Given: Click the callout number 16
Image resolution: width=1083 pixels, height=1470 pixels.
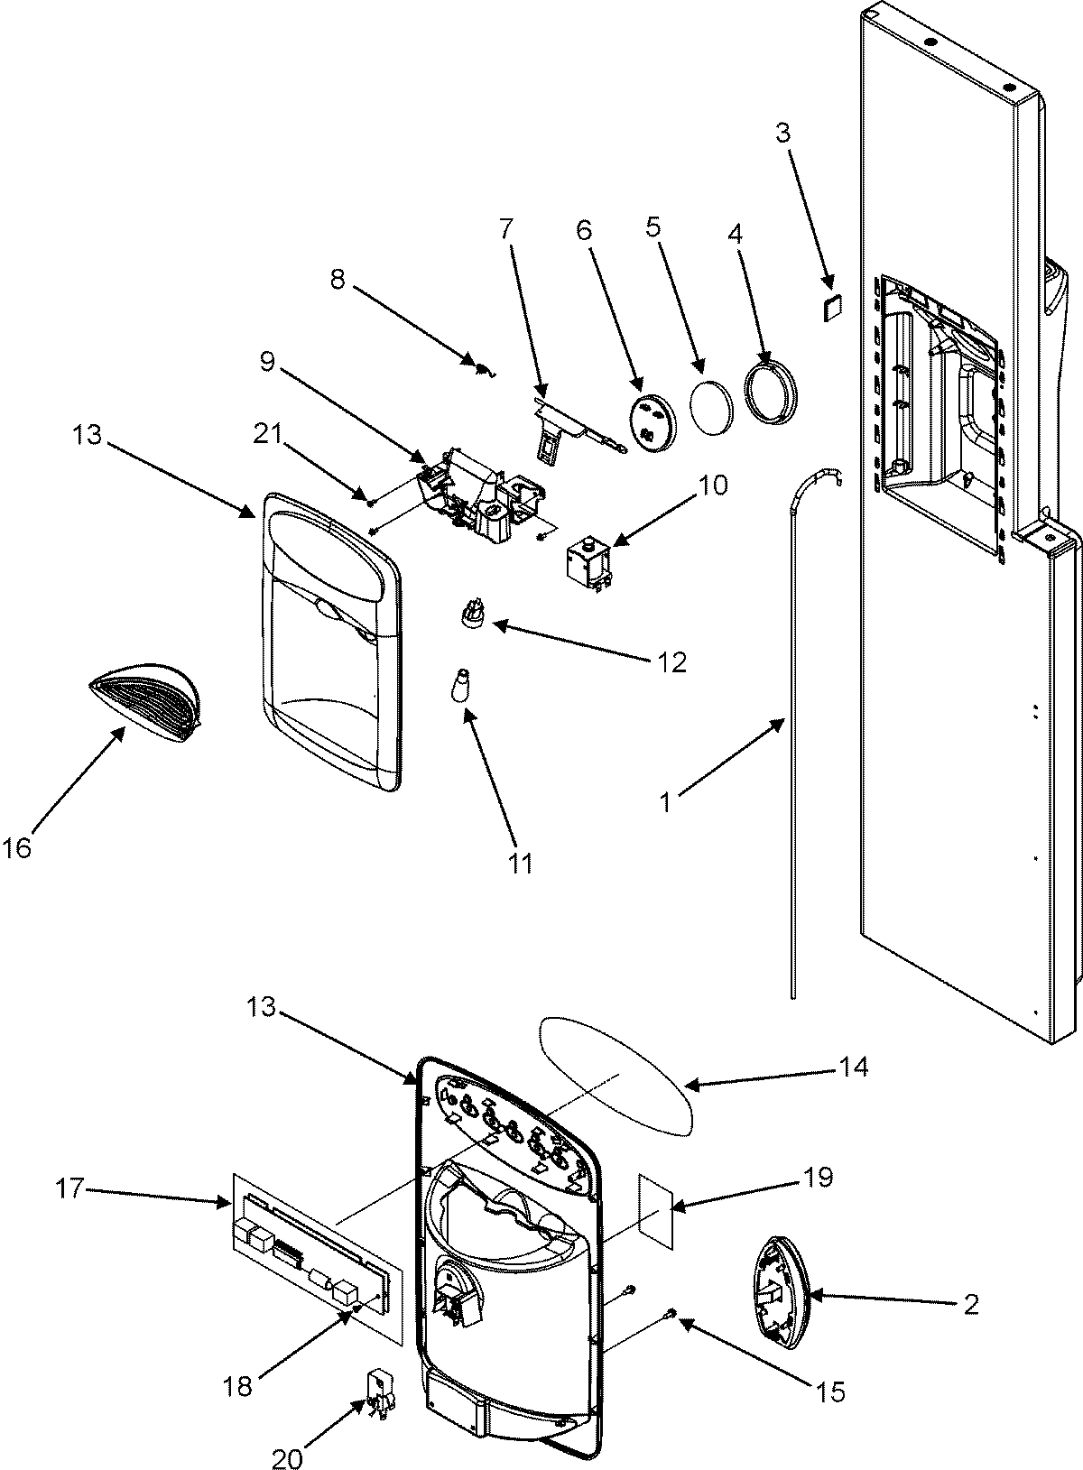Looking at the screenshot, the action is [17, 848].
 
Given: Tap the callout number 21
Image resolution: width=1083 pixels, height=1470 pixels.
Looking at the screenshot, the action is [268, 434].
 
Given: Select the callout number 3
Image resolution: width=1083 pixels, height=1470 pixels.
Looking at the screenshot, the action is [782, 134].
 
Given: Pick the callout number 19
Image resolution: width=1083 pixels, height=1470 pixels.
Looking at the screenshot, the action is [817, 1178].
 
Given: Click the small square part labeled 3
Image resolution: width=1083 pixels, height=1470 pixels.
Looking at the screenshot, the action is [833, 307].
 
